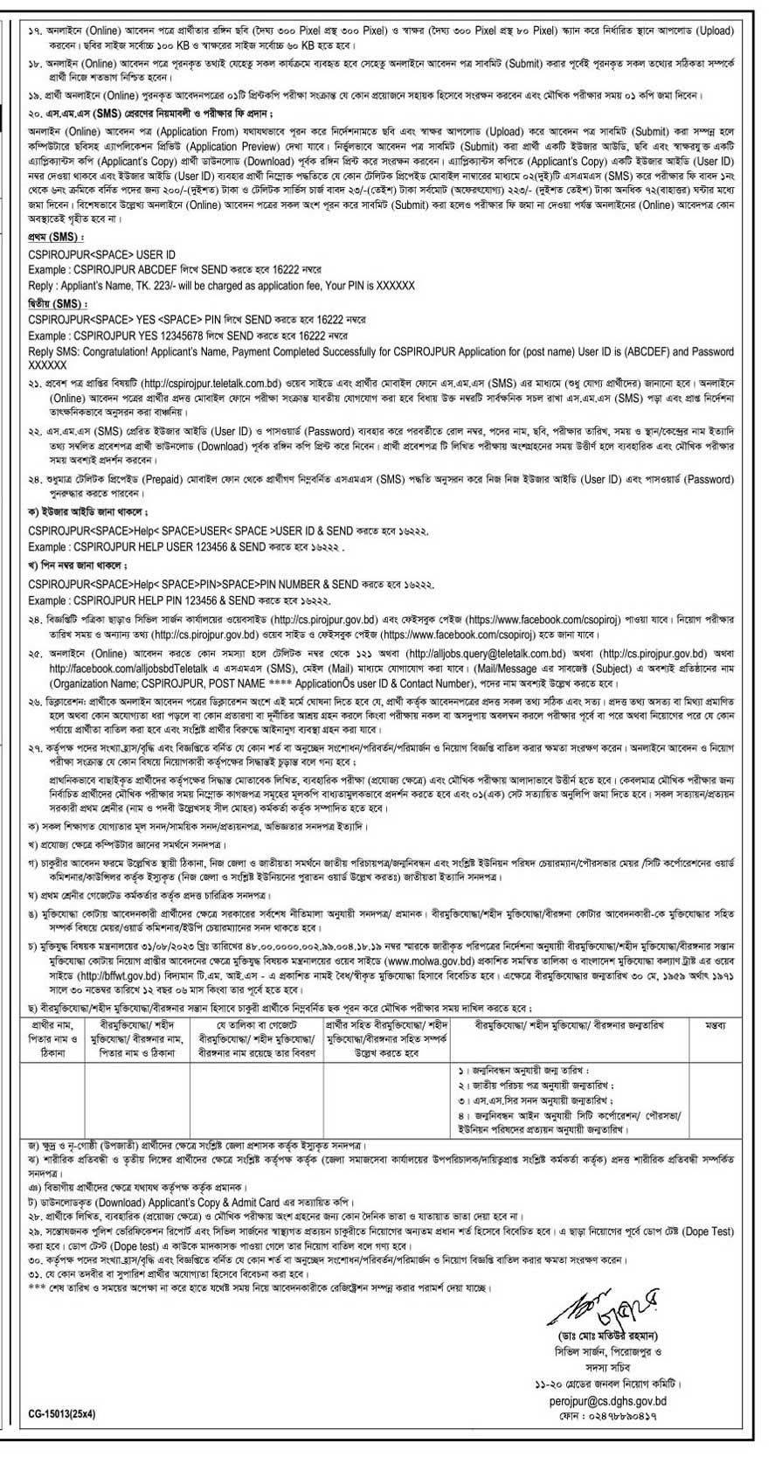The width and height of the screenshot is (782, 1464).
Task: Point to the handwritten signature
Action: (x=599, y=1339)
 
